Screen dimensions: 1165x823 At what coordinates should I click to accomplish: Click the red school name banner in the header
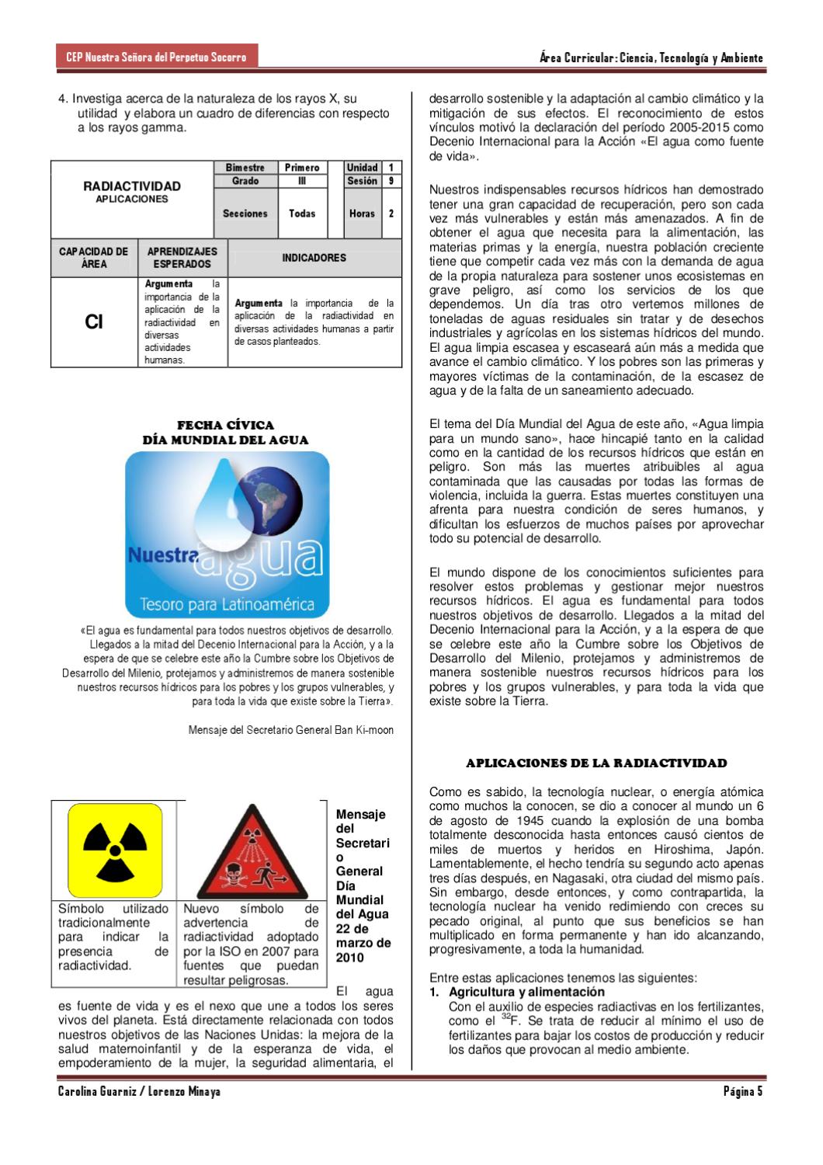coord(156,57)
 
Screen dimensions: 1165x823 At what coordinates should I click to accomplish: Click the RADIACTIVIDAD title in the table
coord(132,186)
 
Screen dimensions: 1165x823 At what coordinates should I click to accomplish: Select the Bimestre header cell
coord(245,168)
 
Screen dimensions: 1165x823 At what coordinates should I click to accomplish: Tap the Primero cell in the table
coord(302,168)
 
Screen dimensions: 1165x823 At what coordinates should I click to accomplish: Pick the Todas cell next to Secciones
coord(302,214)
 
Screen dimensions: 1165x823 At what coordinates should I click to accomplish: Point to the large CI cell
coord(94,322)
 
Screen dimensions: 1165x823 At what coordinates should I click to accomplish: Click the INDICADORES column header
coord(314,258)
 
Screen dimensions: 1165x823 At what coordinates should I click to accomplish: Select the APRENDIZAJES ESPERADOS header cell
coord(182,258)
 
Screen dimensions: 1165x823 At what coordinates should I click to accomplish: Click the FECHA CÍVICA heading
coord(225,425)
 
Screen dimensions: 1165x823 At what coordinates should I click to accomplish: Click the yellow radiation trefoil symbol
coord(114,850)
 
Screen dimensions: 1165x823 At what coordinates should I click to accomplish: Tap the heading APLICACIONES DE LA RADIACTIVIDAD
coord(596,763)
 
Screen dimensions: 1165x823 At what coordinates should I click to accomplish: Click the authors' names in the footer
coord(139,1092)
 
